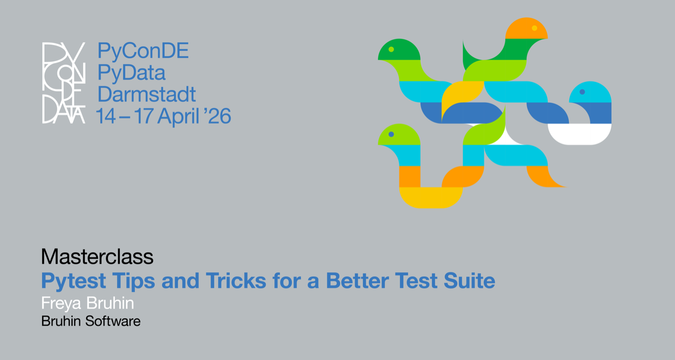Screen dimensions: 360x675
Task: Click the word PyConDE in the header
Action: pos(143,51)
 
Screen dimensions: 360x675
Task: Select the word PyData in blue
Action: pos(132,73)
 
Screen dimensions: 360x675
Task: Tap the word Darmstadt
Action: pos(147,94)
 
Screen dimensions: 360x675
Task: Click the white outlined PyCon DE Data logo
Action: pos(64,83)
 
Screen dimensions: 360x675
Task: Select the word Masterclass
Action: pos(97,257)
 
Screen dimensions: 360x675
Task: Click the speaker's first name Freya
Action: pos(60,304)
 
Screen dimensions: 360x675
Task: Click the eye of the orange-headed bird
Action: pos(534,28)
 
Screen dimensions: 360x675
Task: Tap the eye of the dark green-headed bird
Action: pos(391,49)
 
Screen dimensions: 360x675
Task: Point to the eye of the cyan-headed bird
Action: pos(582,92)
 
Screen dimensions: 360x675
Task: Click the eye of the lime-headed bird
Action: pos(391,134)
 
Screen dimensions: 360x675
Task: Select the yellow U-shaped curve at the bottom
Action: pos(431,197)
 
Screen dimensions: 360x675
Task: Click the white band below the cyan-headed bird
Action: pos(579,134)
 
